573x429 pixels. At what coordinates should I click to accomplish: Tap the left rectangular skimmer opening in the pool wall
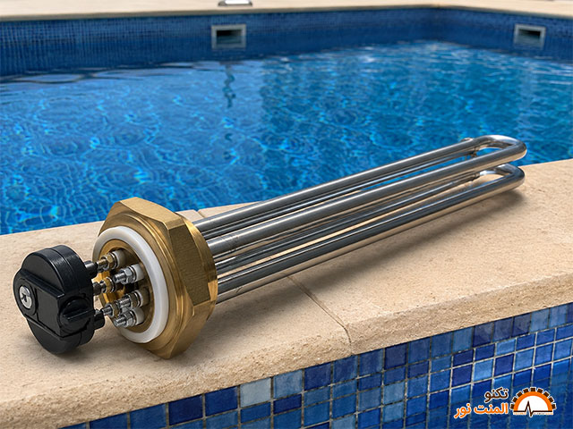tap(228, 37)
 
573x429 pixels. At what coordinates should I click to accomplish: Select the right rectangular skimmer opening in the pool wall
tap(529, 36)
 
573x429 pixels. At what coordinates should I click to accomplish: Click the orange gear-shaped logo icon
tap(535, 401)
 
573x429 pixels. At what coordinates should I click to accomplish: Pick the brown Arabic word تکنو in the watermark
tap(496, 395)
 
